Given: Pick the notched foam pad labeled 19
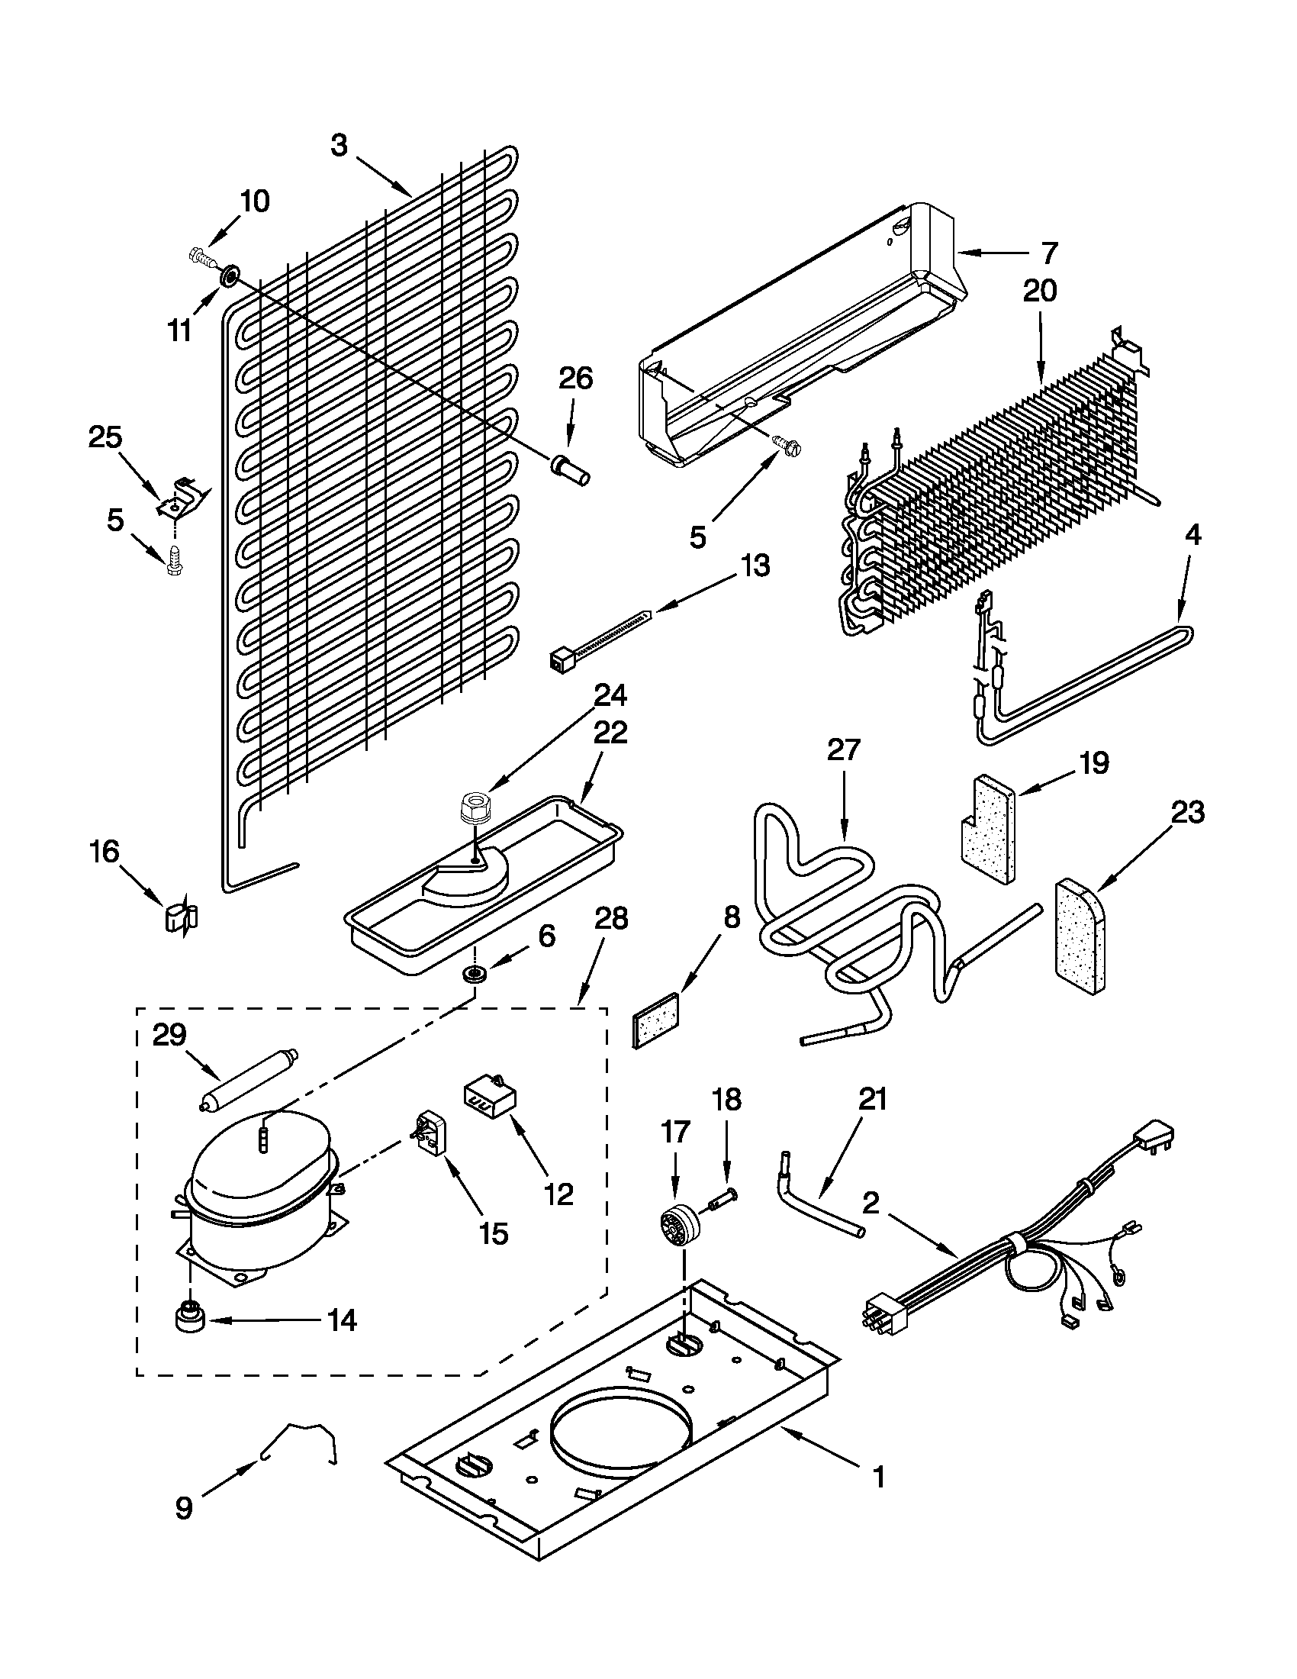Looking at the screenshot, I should (985, 828).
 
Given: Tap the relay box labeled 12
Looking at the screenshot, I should (490, 1094).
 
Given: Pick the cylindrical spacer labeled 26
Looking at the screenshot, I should (571, 468).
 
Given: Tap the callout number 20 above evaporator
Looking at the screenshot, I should (1040, 292).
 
